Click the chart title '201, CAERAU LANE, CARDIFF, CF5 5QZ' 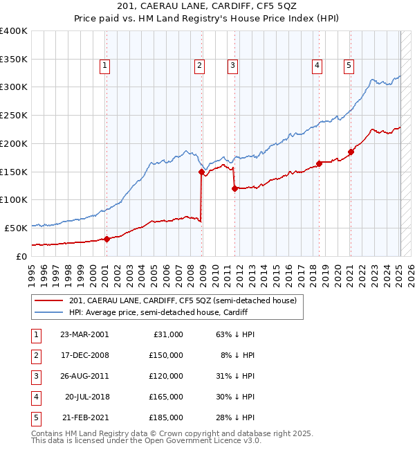(207, 8)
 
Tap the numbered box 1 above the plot (104, 66)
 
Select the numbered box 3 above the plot (232, 66)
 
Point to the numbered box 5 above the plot (349, 66)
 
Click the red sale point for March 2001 (107, 239)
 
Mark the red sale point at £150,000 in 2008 (201, 172)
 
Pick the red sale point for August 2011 (234, 188)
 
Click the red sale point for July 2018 (320, 163)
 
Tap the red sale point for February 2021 (351, 152)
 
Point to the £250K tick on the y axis (14, 115)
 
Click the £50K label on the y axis (16, 227)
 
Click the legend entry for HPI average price (158, 312)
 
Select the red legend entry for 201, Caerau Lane (183, 300)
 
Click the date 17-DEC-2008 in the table (84, 355)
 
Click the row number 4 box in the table (35, 397)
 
